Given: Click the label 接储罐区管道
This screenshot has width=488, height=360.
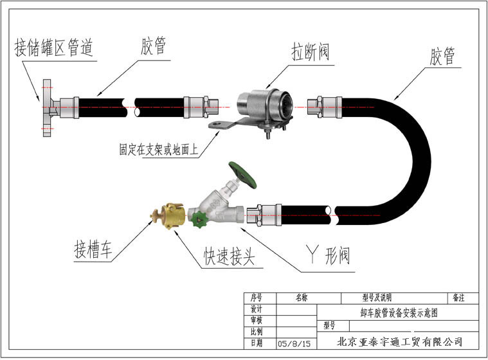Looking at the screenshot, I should (55, 47).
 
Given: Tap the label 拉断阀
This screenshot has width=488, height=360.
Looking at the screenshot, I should (311, 52).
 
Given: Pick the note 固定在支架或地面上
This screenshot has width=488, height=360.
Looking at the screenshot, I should (158, 150).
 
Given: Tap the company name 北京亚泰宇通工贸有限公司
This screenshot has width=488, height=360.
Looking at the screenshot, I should (400, 341).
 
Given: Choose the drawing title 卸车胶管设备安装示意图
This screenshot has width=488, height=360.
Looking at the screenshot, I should (399, 312).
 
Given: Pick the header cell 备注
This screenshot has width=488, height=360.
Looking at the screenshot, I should (458, 298).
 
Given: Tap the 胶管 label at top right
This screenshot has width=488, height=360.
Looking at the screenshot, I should (442, 57).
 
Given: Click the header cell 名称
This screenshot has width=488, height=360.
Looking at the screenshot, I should (302, 298).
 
